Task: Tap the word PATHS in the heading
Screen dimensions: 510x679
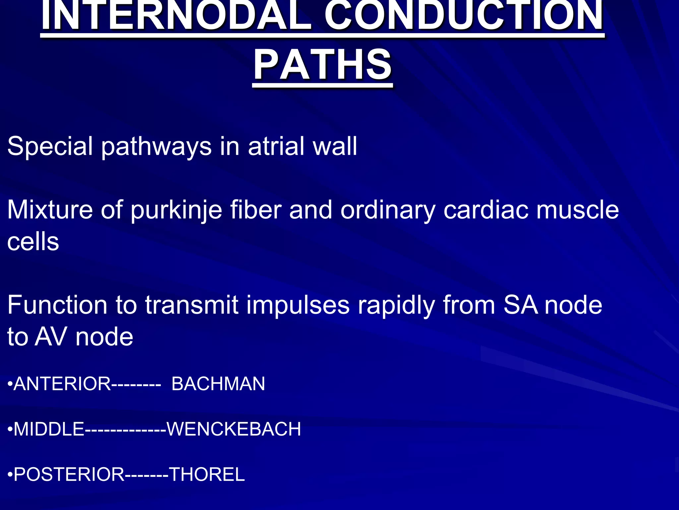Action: tap(323, 64)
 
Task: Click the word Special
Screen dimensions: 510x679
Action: tap(50, 146)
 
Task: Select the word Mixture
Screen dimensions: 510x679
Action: tap(50, 210)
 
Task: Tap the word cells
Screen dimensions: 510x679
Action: tap(33, 242)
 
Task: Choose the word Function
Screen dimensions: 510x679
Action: tap(57, 305)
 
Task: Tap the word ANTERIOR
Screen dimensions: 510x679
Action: tap(62, 384)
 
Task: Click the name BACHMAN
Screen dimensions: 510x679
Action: tap(218, 384)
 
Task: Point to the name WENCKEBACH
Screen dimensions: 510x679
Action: tap(234, 429)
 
